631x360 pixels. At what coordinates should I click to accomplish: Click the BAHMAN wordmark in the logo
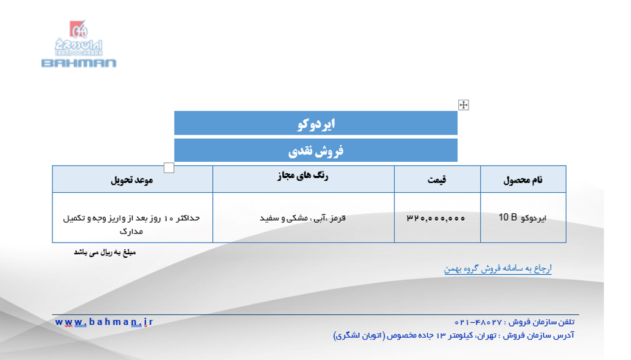[x=79, y=63]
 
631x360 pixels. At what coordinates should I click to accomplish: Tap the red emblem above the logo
[x=78, y=29]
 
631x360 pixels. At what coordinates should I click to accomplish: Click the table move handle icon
[x=464, y=105]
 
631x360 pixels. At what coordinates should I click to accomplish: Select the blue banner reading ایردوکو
[x=316, y=123]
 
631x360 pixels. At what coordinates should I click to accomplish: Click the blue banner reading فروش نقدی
[x=316, y=150]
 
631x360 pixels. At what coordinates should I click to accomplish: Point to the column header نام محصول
[x=523, y=180]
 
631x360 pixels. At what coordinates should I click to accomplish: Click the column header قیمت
[x=437, y=180]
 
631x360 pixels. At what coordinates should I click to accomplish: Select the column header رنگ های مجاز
[x=303, y=176]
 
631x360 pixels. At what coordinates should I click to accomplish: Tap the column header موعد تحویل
[x=132, y=180]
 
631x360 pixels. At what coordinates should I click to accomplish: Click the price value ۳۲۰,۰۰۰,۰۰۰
[x=436, y=218]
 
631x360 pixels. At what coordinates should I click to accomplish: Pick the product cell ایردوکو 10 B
[x=522, y=218]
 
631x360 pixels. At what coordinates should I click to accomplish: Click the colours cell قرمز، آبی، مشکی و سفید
[x=302, y=218]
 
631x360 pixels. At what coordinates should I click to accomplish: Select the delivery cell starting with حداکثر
[x=131, y=224]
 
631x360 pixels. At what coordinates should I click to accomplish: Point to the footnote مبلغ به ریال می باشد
[x=105, y=252]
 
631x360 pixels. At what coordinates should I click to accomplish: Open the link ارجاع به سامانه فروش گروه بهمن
[x=498, y=268]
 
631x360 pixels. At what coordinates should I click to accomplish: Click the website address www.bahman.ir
[x=104, y=322]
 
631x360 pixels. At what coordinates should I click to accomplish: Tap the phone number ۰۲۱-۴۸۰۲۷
[x=478, y=322]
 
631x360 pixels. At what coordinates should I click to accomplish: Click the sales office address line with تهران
[x=453, y=335]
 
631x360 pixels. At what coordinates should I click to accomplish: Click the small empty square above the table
[x=169, y=168]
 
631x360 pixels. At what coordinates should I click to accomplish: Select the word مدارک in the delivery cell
[x=131, y=231]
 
